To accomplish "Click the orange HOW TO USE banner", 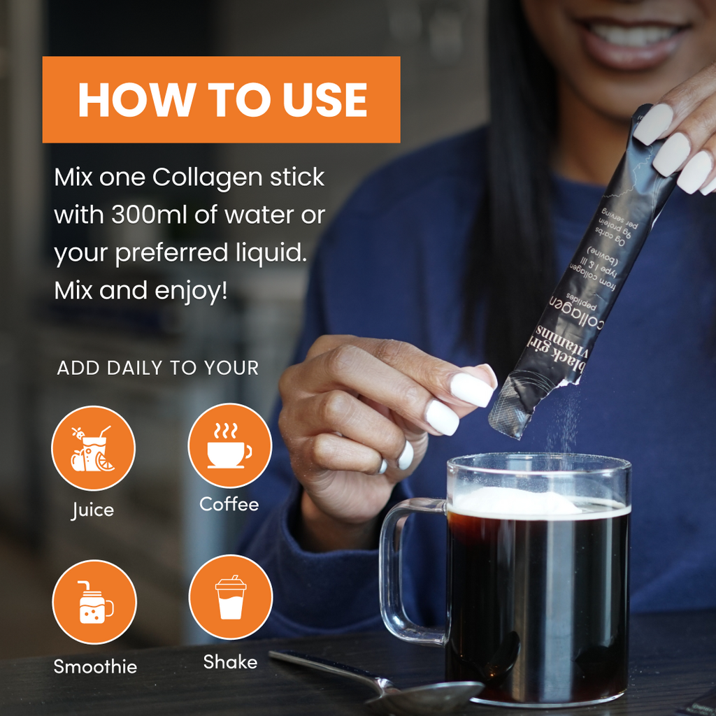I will click(x=221, y=100).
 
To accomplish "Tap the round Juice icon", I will click(x=93, y=448).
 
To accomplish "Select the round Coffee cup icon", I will click(x=229, y=445).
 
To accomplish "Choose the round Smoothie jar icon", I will click(x=94, y=601).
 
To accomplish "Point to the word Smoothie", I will click(x=95, y=666).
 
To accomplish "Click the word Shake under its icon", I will click(x=230, y=661).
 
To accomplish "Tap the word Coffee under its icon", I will click(x=229, y=504).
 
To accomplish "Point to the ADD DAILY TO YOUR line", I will click(x=158, y=368).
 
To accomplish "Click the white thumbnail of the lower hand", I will click(x=472, y=389).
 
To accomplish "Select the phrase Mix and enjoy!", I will click(x=141, y=290).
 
